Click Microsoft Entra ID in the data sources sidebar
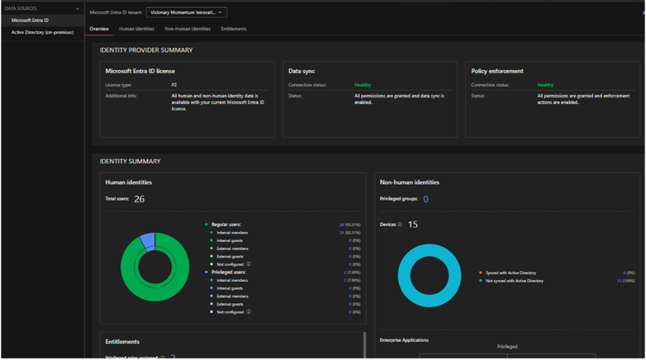pyautogui.click(x=30, y=20)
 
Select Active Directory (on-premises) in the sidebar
pyautogui.click(x=42, y=32)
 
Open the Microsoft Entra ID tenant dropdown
pyautogui.click(x=186, y=12)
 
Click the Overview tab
pyautogui.click(x=99, y=29)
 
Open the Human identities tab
pyautogui.click(x=137, y=29)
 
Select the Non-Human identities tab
pyautogui.click(x=188, y=29)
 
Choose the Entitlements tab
pyautogui.click(x=233, y=29)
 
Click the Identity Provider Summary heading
pyautogui.click(x=146, y=50)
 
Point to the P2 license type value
pyautogui.click(x=174, y=85)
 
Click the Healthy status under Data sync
pyautogui.click(x=362, y=85)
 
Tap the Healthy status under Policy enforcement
pyautogui.click(x=545, y=85)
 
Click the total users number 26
pyautogui.click(x=139, y=199)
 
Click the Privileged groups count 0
pyautogui.click(x=426, y=199)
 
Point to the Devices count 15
pyautogui.click(x=413, y=225)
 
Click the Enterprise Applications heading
pyautogui.click(x=404, y=340)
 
